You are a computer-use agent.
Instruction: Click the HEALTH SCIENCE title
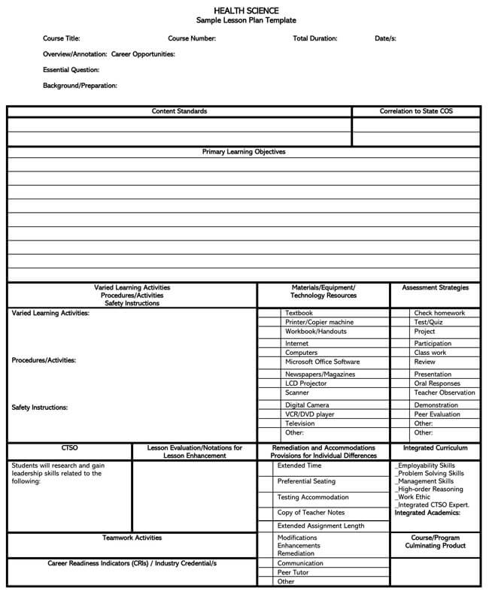pyautogui.click(x=247, y=11)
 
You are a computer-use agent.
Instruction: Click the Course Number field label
pyautogui.click(x=192, y=38)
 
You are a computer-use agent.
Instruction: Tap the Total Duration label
pyautogui.click(x=314, y=38)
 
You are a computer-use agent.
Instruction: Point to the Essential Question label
pyautogui.click(x=71, y=70)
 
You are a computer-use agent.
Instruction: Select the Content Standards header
pyautogui.click(x=179, y=111)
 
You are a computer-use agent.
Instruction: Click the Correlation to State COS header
pyautogui.click(x=416, y=111)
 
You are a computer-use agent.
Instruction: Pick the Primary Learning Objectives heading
pyautogui.click(x=244, y=152)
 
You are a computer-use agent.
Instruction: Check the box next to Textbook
pyautogui.click(x=269, y=313)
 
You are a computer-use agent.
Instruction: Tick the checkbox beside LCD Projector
pyautogui.click(x=269, y=383)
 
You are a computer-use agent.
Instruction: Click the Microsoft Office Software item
pyautogui.click(x=322, y=362)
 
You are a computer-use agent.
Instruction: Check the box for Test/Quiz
pyautogui.click(x=401, y=322)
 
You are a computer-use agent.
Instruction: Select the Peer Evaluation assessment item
pyautogui.click(x=437, y=414)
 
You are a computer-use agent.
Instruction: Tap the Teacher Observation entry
pyautogui.click(x=445, y=392)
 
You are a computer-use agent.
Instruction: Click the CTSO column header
pyautogui.click(x=69, y=447)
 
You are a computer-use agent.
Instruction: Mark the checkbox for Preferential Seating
pyautogui.click(x=266, y=481)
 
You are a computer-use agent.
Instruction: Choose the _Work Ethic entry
pyautogui.click(x=415, y=497)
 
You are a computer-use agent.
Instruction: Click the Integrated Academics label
pyautogui.click(x=427, y=513)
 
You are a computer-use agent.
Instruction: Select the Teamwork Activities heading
pyautogui.click(x=132, y=538)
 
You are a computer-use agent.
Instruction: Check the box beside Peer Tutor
pyautogui.click(x=266, y=572)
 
